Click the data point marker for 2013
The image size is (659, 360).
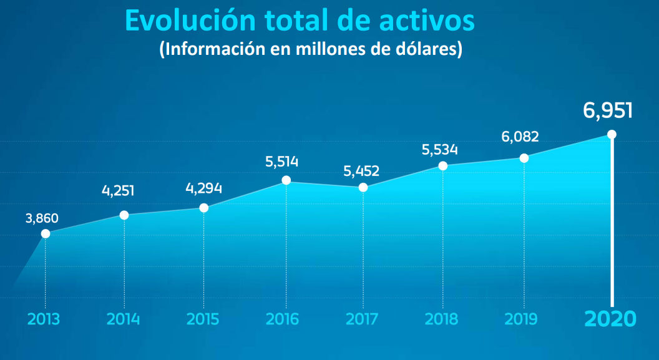46,234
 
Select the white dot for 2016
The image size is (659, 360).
286,180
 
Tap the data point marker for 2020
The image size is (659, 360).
612,134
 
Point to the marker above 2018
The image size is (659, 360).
443,166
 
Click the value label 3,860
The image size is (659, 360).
42,218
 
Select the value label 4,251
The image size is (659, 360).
119,190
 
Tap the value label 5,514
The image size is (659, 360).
282,162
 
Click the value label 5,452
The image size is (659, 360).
361,170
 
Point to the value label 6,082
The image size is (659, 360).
520,137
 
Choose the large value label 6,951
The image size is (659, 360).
608,110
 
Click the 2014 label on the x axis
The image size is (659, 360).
124,319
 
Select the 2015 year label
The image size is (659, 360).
203,319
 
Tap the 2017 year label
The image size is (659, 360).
362,319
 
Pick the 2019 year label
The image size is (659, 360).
521,319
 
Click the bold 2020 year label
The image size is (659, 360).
610,319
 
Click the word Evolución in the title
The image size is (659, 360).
190,20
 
